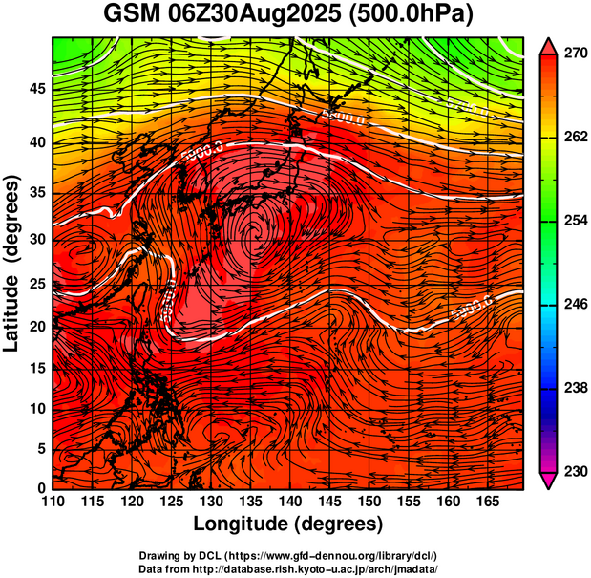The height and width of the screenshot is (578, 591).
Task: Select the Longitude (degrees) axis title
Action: [x=288, y=524]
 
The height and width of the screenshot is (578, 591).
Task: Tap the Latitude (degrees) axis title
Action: [x=13, y=263]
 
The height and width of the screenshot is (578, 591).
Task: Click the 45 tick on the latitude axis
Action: [x=35, y=89]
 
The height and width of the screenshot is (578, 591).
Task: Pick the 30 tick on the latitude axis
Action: [x=35, y=240]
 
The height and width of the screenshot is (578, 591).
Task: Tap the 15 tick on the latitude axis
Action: [x=35, y=368]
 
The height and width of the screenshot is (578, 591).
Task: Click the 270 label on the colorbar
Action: [x=575, y=54]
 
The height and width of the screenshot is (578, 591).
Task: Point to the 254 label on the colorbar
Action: [x=575, y=221]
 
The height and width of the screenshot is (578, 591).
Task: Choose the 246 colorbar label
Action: [x=575, y=304]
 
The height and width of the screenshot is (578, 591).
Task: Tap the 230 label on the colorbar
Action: [x=575, y=471]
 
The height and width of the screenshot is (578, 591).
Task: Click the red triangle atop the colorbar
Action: [x=548, y=45]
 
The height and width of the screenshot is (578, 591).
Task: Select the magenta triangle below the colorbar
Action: [x=548, y=481]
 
